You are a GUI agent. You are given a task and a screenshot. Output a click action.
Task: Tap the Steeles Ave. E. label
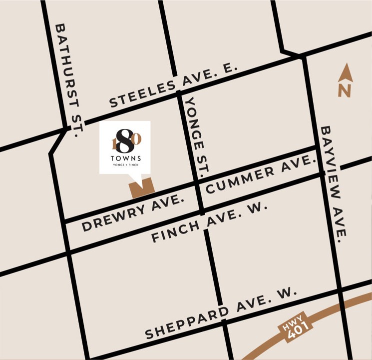(172, 85)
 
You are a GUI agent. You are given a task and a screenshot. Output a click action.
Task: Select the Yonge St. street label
(197, 136)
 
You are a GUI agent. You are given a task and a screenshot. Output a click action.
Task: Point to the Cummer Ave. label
(261, 174)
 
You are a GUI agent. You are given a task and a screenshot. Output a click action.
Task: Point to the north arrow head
(346, 73)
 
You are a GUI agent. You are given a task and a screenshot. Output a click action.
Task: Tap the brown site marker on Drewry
(142, 188)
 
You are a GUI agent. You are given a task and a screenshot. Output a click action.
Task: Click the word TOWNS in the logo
(125, 159)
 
